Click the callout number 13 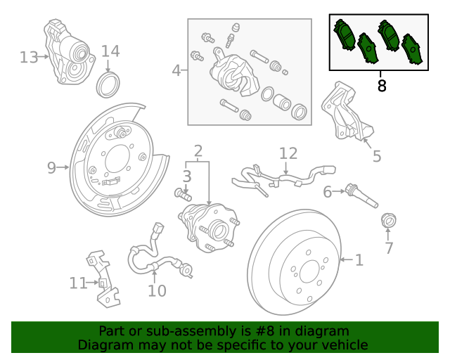pyautogui.click(x=29, y=56)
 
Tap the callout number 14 pyautogui.click(x=110, y=51)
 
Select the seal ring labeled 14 pyautogui.click(x=108, y=84)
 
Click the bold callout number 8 pyautogui.click(x=382, y=86)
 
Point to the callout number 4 pyautogui.click(x=176, y=70)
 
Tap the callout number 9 pyautogui.click(x=51, y=167)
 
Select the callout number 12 pyautogui.click(x=288, y=153)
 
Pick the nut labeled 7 pyautogui.click(x=387, y=222)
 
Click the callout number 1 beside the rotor pyautogui.click(x=359, y=261)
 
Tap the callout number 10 pyautogui.click(x=157, y=290)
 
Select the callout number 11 pyautogui.click(x=77, y=283)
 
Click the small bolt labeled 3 pyautogui.click(x=183, y=193)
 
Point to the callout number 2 pyautogui.click(x=198, y=150)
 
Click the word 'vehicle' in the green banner pyautogui.click(x=342, y=345)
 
